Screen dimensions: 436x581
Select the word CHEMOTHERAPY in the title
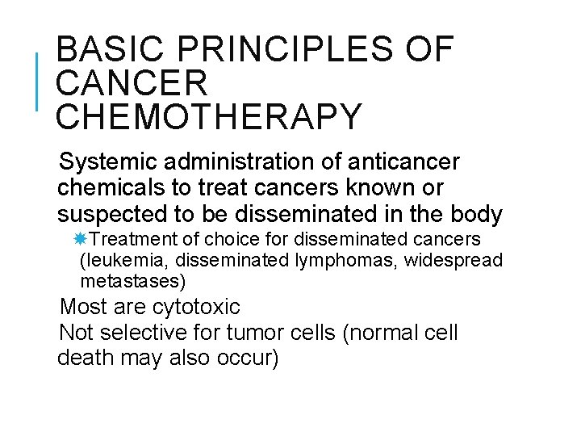[x=209, y=117]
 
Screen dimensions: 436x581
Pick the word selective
[x=150, y=333]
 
